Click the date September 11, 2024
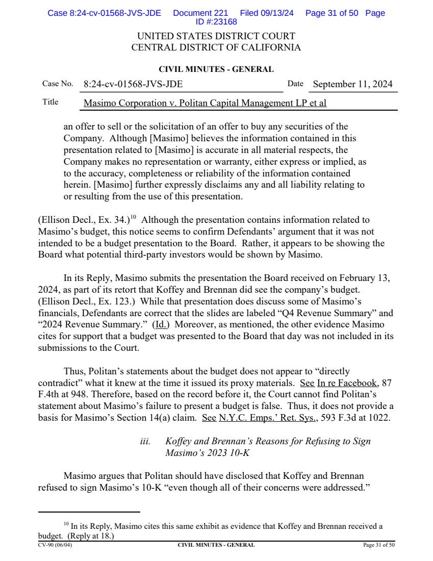pyautogui.click(x=352, y=84)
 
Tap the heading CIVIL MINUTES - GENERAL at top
pyautogui.click(x=216, y=69)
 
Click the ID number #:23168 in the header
pyautogui.click(x=216, y=21)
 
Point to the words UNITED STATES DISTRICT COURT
pyautogui.click(x=216, y=37)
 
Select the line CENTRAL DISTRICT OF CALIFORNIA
pyautogui.click(x=216, y=48)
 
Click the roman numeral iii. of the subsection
pyautogui.click(x=145, y=441)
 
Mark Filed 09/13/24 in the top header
pyautogui.click(x=267, y=13)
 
